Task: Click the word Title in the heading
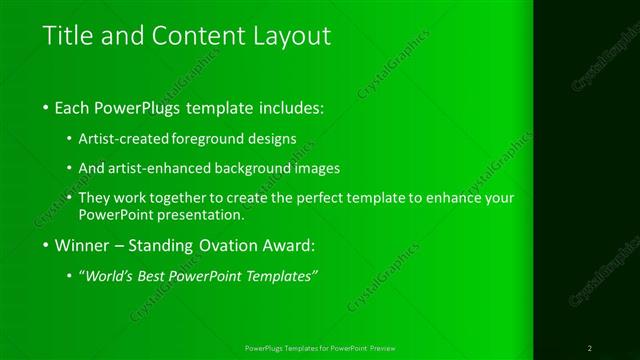(x=65, y=37)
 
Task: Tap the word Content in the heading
(x=194, y=37)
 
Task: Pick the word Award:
(x=286, y=244)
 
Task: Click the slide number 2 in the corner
(x=590, y=348)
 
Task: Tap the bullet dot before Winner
(x=48, y=245)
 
